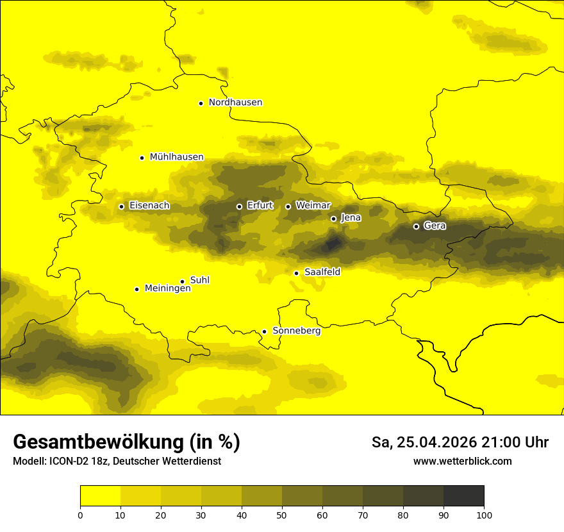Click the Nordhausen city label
tap(235, 103)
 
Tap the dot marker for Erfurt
tap(239, 206)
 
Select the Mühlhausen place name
tap(176, 157)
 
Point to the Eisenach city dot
tap(121, 206)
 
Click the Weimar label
tap(313, 206)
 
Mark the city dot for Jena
tap(333, 219)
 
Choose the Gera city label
tap(435, 226)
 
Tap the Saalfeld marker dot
tap(296, 273)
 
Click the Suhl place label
tap(199, 280)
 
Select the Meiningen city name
tap(167, 289)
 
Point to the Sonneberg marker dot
tap(264, 331)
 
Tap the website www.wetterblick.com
tap(462, 461)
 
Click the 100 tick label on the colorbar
tap(484, 514)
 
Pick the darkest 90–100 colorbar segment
tap(463, 496)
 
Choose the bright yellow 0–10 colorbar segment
tap(100, 496)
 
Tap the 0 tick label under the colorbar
tap(80, 514)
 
